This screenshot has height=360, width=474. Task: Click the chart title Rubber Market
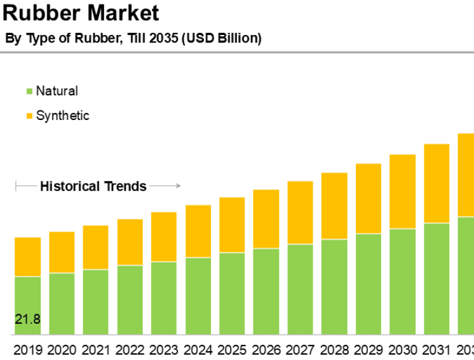click(x=80, y=13)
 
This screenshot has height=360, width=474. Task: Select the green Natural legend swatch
click(x=29, y=91)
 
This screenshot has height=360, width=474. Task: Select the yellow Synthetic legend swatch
click(x=29, y=116)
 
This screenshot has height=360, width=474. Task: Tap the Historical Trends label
click(x=93, y=187)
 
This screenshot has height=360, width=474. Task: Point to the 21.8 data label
click(x=28, y=319)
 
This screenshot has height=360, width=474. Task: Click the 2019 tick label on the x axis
click(x=27, y=350)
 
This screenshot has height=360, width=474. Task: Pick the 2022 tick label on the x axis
click(x=130, y=350)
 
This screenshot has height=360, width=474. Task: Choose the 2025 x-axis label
click(x=232, y=350)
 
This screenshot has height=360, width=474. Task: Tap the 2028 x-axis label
click(x=334, y=350)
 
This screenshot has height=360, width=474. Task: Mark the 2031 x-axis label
click(x=437, y=350)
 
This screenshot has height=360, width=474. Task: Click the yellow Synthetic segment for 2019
click(x=27, y=257)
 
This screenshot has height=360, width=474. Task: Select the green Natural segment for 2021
click(x=96, y=302)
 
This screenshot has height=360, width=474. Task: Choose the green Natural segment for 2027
click(x=301, y=290)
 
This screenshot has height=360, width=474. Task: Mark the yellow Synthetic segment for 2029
click(x=369, y=199)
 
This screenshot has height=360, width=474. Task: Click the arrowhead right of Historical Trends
click(x=179, y=186)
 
